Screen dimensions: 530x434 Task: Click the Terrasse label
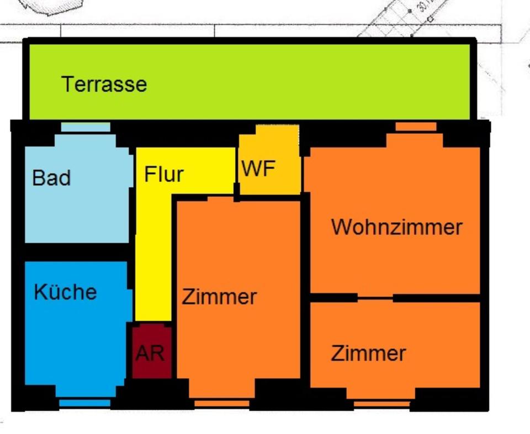pos(104,84)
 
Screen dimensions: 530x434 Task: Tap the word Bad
pos(51,178)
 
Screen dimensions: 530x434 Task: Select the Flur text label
pos(163,174)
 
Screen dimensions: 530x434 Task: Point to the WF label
pos(258,169)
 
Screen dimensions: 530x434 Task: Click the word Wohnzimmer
pos(396,227)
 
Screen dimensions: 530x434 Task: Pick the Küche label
pos(65,292)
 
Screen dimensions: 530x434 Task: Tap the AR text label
pos(150,353)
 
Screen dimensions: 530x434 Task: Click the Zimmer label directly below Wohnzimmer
pos(368,353)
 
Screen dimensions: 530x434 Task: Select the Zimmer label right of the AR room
pos(219,297)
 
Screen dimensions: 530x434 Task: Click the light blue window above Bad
pos(85,127)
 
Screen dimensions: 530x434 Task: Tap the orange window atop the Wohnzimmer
pos(416,127)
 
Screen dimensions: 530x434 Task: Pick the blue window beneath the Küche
pos(84,403)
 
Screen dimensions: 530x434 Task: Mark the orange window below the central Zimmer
pos(222,404)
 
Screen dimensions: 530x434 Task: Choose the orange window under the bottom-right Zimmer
pos(381,404)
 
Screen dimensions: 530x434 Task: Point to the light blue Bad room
pos(77,210)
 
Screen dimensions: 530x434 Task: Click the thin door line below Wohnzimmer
pos(375,298)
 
